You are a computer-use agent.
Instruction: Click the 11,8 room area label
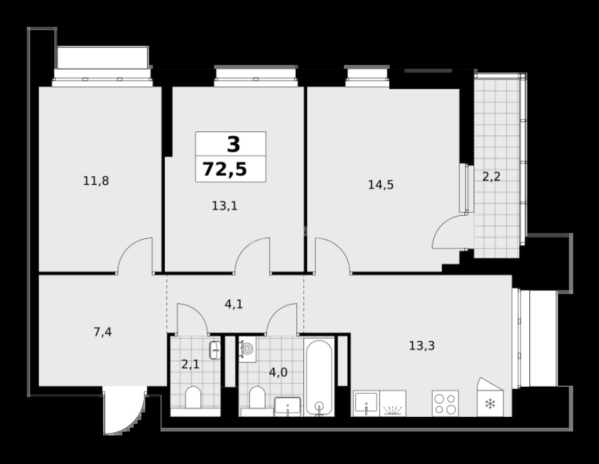(96, 181)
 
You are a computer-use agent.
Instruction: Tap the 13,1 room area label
(225, 206)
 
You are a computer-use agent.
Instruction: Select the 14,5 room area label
(381, 185)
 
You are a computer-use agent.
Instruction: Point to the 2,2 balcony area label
(491, 177)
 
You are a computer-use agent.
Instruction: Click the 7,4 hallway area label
(103, 332)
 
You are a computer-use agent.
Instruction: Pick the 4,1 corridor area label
(234, 304)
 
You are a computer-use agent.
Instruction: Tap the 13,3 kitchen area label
(422, 346)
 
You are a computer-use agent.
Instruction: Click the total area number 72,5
(225, 169)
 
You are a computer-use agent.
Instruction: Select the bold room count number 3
(234, 144)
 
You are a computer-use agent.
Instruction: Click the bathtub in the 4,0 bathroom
(319, 377)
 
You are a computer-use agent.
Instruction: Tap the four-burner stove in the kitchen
(445, 403)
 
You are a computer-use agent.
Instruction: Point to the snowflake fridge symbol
(490, 404)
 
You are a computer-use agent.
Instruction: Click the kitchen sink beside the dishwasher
(366, 403)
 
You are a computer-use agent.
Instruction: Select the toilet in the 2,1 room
(193, 397)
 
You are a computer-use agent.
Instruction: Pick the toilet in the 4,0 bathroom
(257, 397)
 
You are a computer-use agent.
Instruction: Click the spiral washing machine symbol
(247, 349)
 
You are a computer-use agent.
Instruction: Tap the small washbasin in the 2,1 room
(215, 350)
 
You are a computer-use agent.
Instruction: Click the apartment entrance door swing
(124, 411)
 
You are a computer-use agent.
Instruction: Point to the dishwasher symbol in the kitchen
(393, 403)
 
